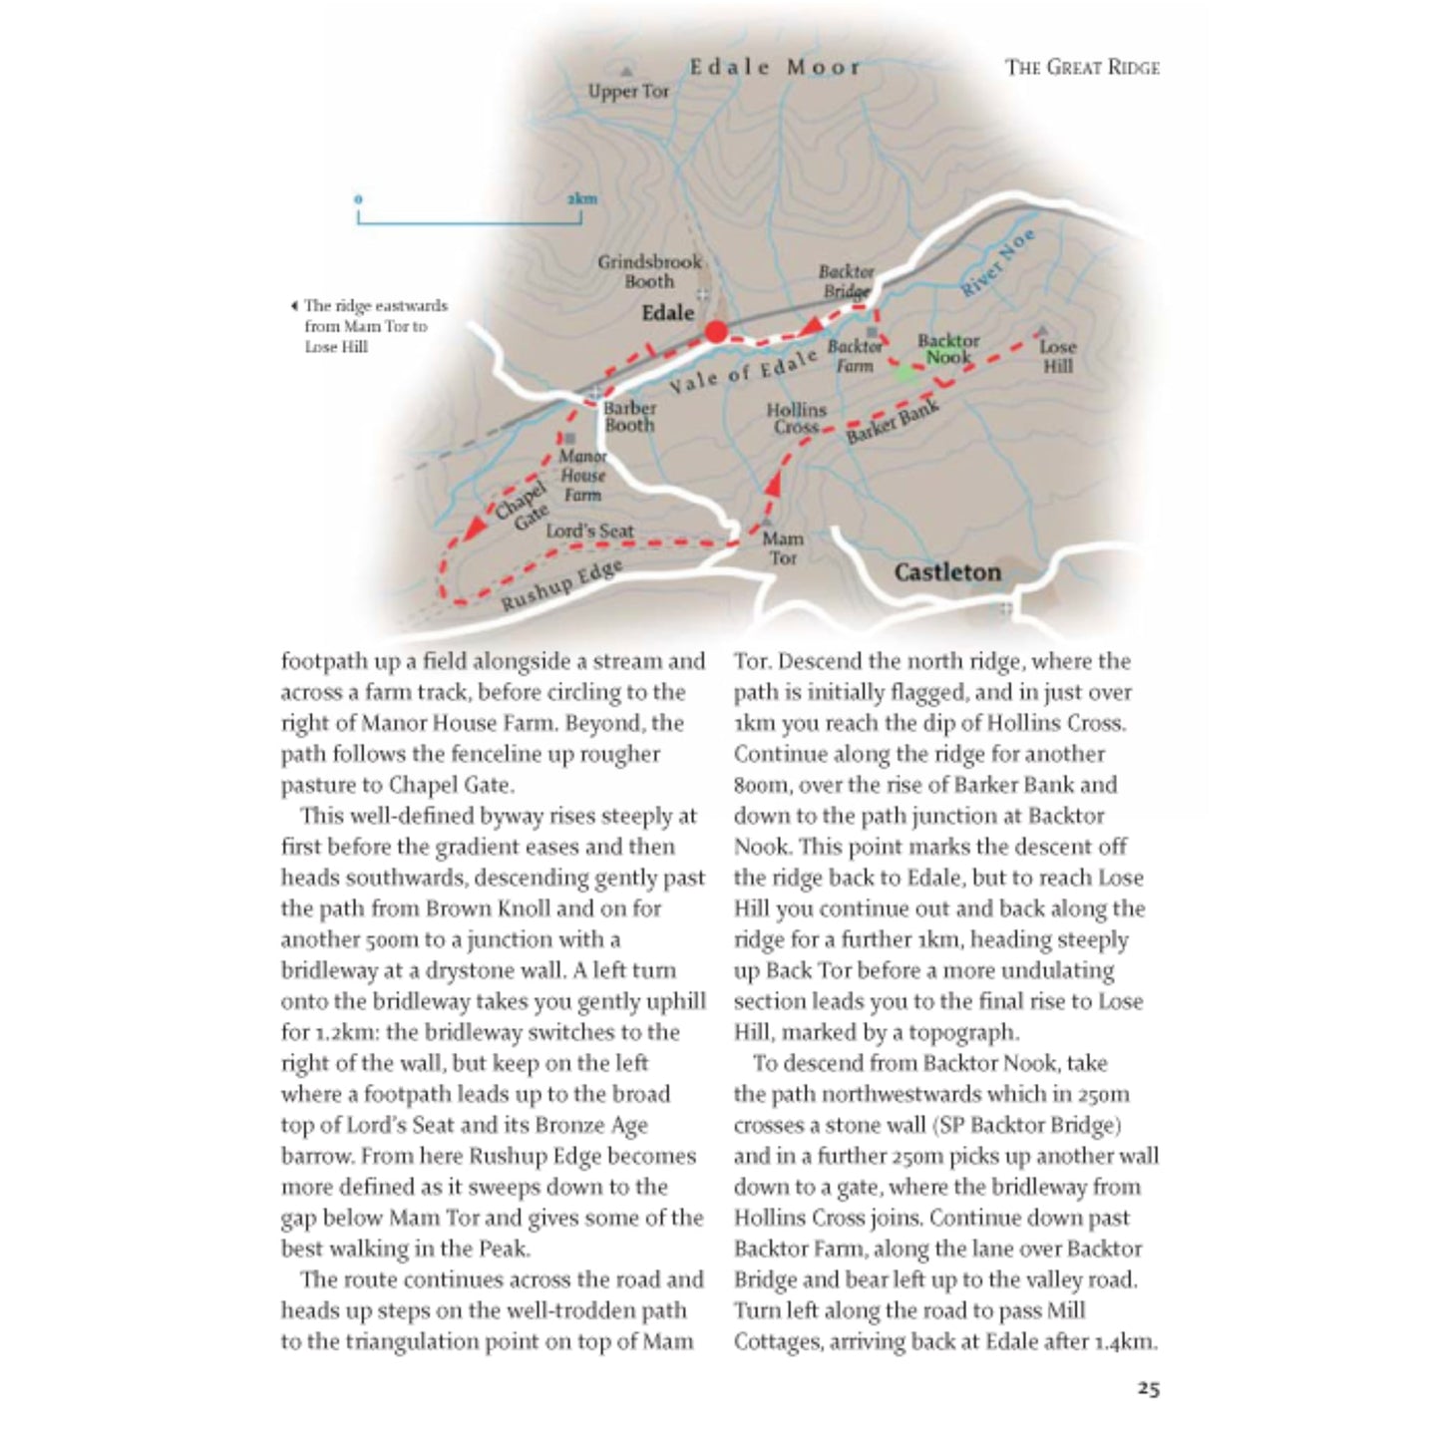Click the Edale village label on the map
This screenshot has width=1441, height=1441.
[x=667, y=313]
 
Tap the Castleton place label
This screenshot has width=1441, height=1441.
[x=946, y=572]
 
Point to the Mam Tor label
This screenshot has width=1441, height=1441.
[x=783, y=548]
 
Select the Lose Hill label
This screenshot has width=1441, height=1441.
[x=1057, y=356]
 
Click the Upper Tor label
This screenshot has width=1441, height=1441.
[x=628, y=92]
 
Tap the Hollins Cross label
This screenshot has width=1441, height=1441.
[x=796, y=418]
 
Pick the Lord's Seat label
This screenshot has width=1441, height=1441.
[x=589, y=531]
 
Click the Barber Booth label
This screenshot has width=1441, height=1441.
[x=629, y=416]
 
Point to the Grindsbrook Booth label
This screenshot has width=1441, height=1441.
[x=649, y=271]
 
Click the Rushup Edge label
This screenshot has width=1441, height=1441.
[x=561, y=585]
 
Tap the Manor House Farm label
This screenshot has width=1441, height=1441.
[x=582, y=475]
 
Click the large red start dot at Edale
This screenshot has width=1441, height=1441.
[x=716, y=332]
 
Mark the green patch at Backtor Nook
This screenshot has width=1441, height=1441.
[x=905, y=374]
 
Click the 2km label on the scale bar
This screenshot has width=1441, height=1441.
[x=581, y=198]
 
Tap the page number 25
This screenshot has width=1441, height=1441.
[x=1148, y=1388]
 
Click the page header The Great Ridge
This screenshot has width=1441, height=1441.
[x=1082, y=68]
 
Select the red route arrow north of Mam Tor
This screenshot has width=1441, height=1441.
[x=773, y=485]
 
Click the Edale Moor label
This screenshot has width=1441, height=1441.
[x=774, y=68]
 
